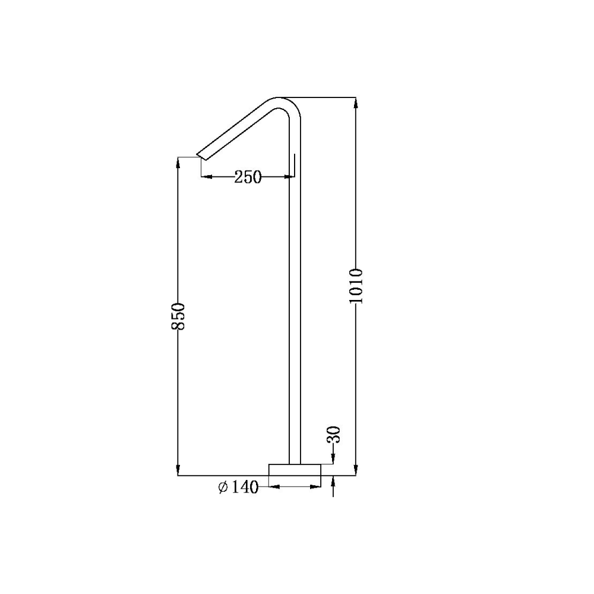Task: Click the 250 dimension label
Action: (x=248, y=177)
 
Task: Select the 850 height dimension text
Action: (x=178, y=316)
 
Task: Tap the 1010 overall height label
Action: (x=356, y=286)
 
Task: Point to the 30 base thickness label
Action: (x=333, y=435)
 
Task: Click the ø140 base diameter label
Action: (x=238, y=487)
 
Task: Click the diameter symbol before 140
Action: (x=223, y=487)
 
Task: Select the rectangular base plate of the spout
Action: (x=295, y=470)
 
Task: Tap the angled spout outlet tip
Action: (x=199, y=157)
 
